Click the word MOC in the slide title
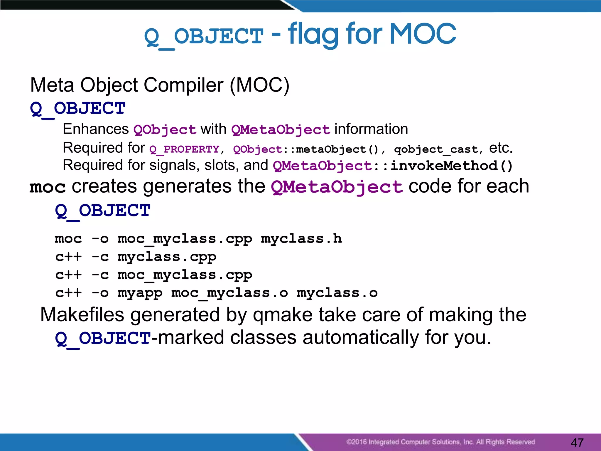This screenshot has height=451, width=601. tap(423, 34)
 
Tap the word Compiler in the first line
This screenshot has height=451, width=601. tap(183, 85)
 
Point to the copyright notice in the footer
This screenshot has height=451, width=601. tap(440, 442)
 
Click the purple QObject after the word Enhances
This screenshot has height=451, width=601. tap(165, 129)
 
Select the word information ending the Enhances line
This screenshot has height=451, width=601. tap(371, 129)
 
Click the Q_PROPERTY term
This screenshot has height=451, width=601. tap(184, 149)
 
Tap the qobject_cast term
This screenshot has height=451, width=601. tap(436, 149)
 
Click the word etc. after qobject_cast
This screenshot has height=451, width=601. tap(500, 148)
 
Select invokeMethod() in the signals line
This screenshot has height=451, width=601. tap(451, 166)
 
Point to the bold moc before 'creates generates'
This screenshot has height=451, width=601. tap(48, 187)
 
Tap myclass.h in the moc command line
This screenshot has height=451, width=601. tap(301, 238)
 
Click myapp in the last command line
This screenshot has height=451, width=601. tap(140, 293)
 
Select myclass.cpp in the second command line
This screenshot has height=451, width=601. tap(167, 257)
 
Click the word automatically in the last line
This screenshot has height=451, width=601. tap(361, 337)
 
